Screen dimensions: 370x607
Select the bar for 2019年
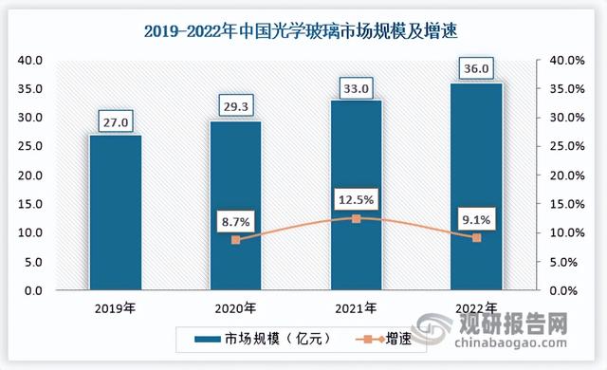pyautogui.click(x=115, y=213)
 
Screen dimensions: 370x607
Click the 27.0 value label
pyautogui.click(x=115, y=121)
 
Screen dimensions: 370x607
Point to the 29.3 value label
pyautogui.click(x=235, y=108)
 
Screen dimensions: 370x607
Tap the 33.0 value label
pyautogui.click(x=356, y=87)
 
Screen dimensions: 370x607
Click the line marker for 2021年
pyautogui.click(x=356, y=218)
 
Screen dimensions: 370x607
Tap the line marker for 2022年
pyautogui.click(x=476, y=237)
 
